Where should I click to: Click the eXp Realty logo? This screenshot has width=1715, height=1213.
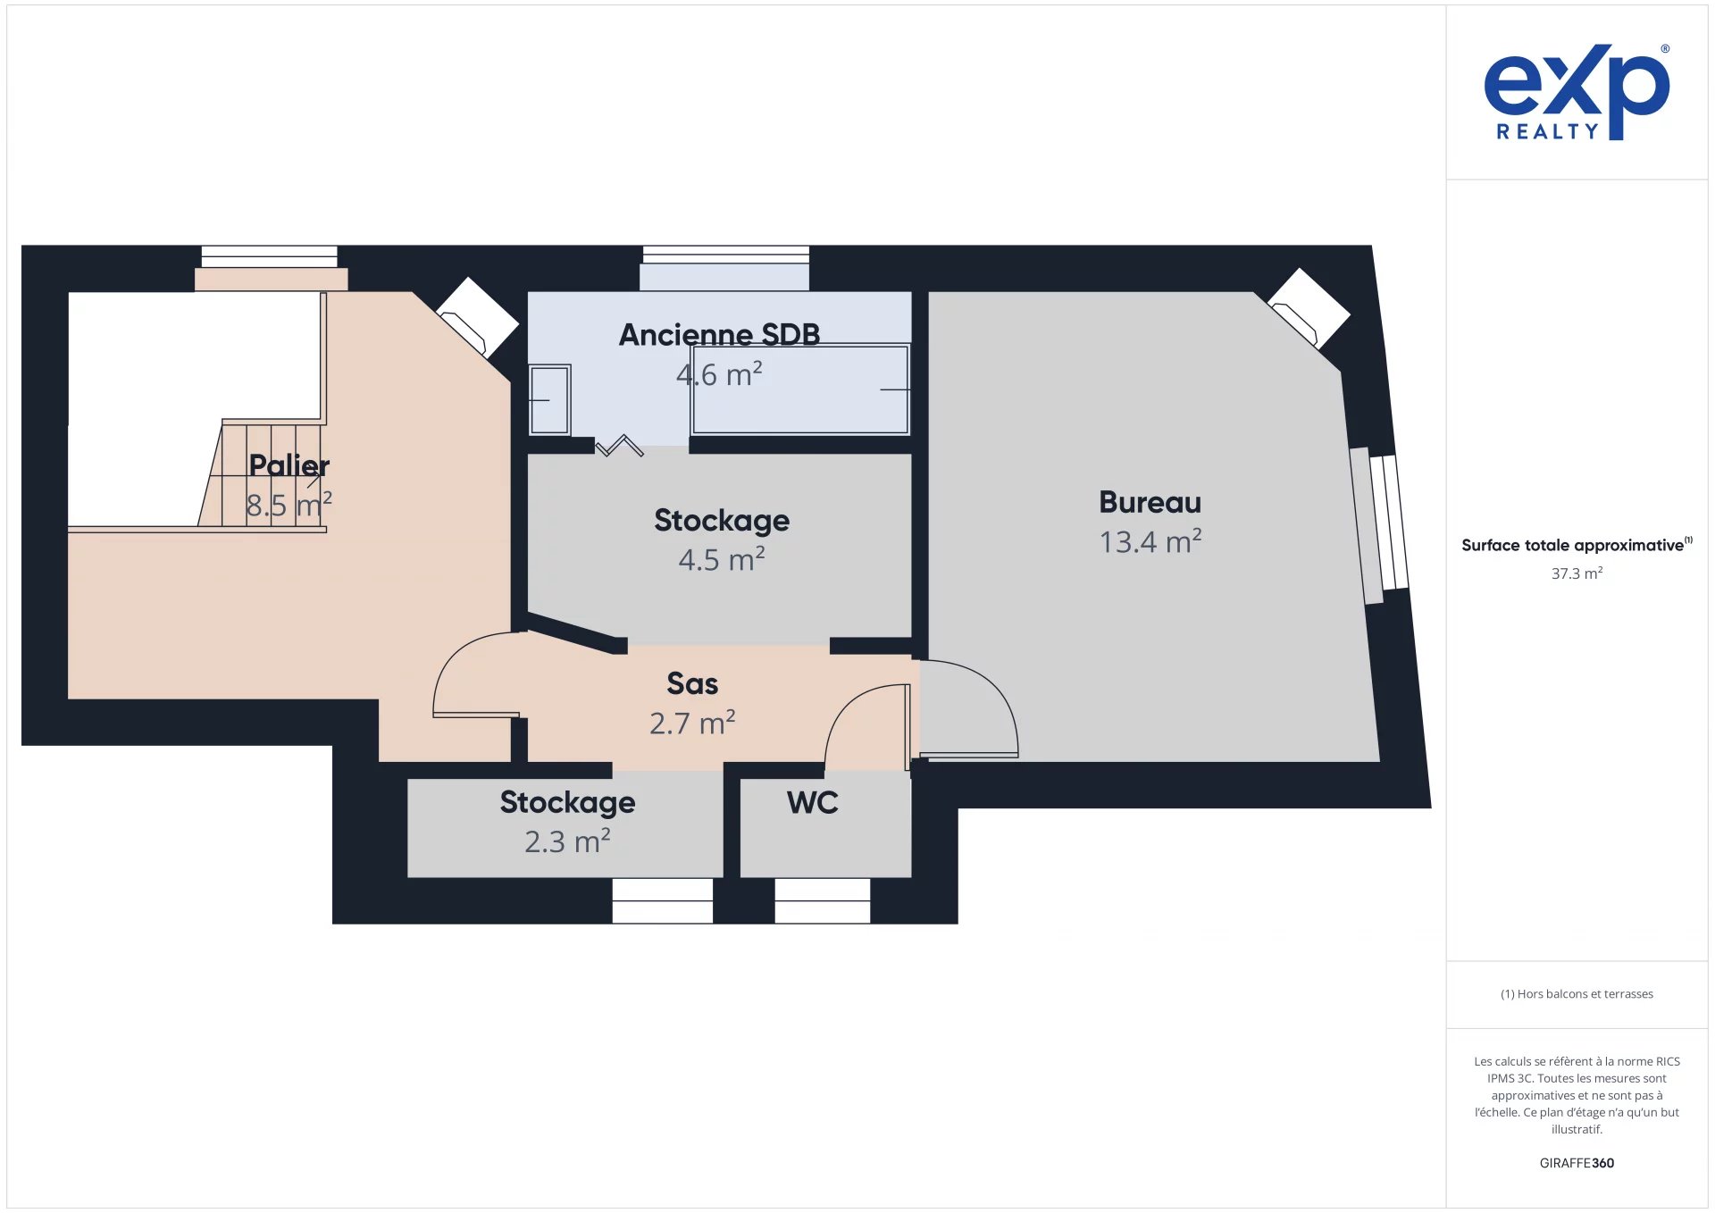[x=1577, y=92]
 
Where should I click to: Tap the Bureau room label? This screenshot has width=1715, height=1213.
[x=1150, y=502]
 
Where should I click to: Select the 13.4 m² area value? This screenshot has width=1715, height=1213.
[x=1150, y=541]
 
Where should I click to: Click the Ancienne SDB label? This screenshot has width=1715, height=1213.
[x=719, y=335]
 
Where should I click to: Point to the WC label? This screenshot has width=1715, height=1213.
[x=812, y=802]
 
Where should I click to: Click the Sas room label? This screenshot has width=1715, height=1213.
[x=692, y=683]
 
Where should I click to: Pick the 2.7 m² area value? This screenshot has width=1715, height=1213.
[x=692, y=723]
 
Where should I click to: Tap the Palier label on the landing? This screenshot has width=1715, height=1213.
[x=289, y=465]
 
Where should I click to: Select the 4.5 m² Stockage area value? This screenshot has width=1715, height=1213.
[x=722, y=559]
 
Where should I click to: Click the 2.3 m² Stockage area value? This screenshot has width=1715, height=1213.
[x=567, y=841]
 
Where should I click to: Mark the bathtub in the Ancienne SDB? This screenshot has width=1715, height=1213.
[x=800, y=390]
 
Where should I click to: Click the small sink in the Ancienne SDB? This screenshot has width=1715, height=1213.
[x=549, y=399]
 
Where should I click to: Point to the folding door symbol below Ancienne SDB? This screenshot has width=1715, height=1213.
[x=619, y=445]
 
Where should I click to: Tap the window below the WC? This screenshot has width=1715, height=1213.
[x=823, y=900]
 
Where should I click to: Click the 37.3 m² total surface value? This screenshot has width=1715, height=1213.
[x=1577, y=573]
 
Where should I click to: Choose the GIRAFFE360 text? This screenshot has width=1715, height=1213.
[x=1577, y=1163]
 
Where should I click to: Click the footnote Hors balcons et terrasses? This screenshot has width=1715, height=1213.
[x=1577, y=994]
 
